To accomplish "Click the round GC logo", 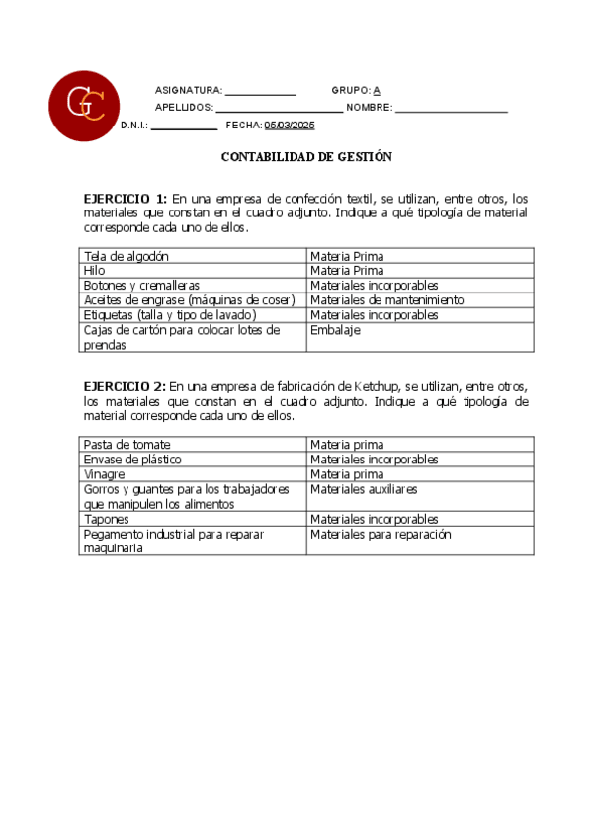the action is click(85, 106).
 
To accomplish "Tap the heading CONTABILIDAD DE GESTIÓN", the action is click(306, 156).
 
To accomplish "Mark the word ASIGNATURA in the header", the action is click(189, 90).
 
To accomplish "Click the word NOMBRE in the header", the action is click(370, 108).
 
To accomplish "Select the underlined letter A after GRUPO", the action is click(377, 90).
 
